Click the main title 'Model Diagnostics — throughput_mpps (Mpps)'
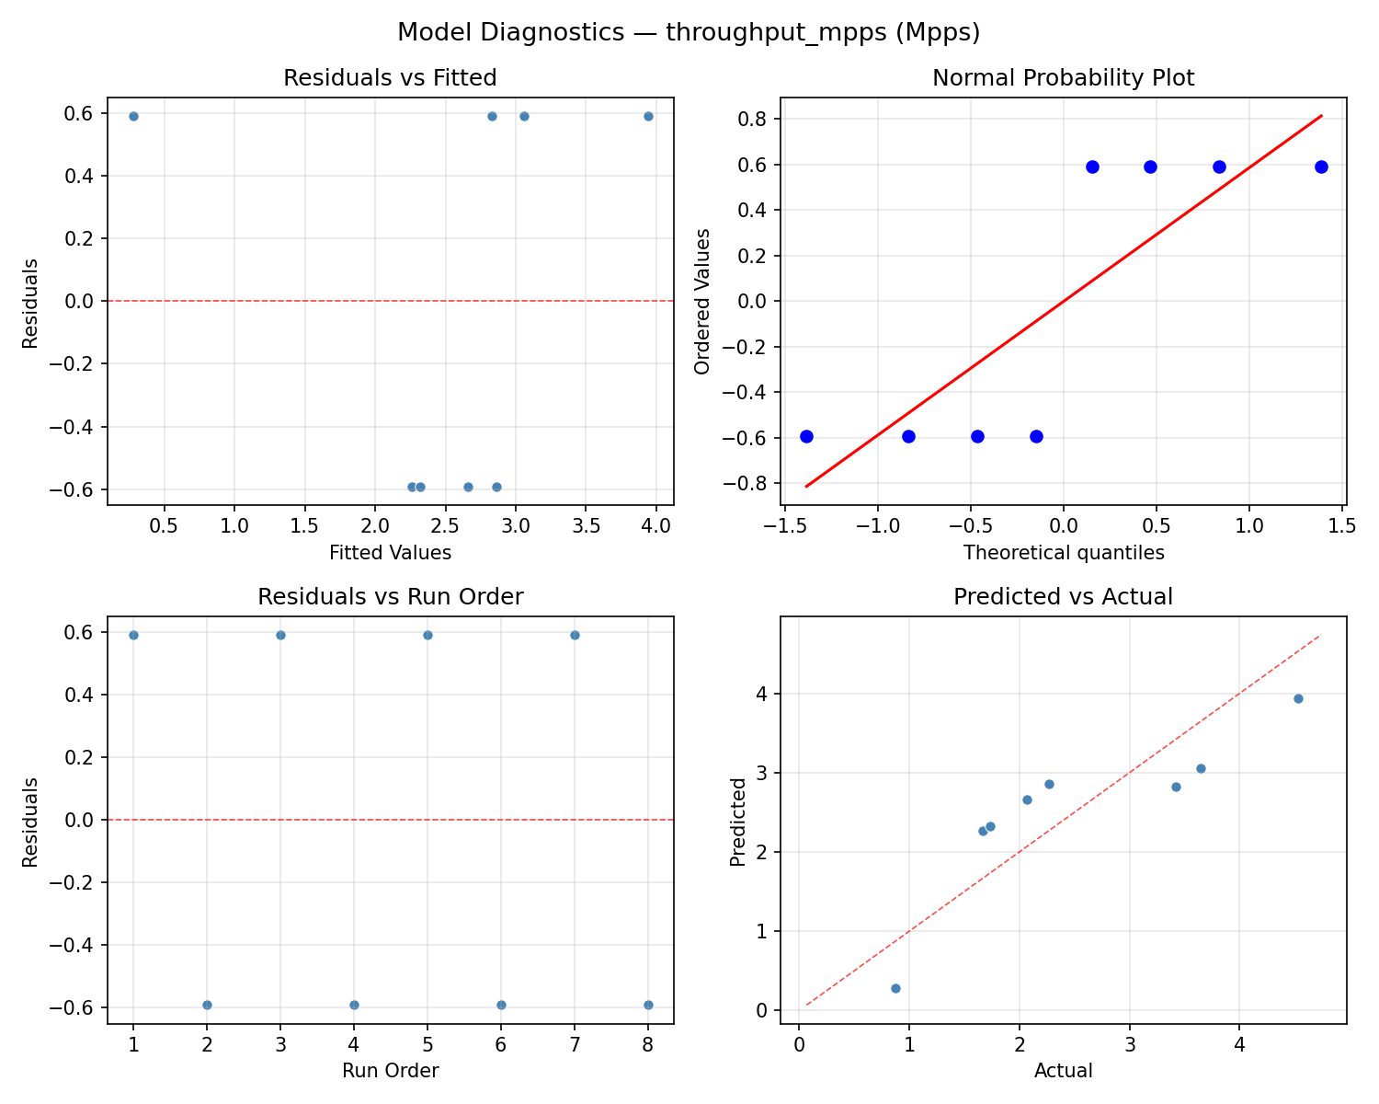689,33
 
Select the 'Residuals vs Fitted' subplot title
390,78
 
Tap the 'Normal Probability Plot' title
1063,78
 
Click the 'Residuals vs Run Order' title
390,597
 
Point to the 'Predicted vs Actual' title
1063,597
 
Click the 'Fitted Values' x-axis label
390,553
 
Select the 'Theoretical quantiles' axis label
1063,553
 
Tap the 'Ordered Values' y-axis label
703,302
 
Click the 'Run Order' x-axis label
390,1071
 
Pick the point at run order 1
133,635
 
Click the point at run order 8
648,1005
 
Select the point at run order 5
427,635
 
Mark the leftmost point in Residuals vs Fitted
133,116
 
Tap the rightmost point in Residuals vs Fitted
648,116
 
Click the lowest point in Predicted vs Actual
895,988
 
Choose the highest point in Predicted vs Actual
1298,698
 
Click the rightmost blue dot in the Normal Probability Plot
1321,167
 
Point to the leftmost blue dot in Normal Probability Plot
806,436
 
